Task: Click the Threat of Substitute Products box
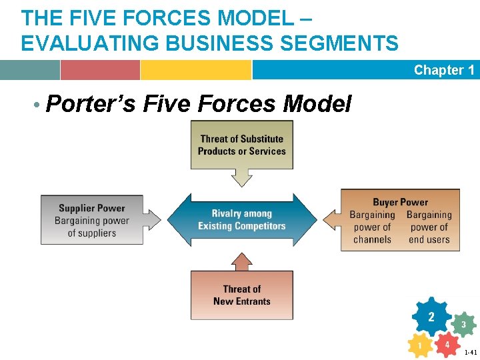point(241,145)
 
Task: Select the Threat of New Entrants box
point(241,295)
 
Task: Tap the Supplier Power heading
point(92,208)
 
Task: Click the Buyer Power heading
point(400,202)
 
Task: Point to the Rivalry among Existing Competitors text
point(241,219)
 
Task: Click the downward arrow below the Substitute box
point(241,177)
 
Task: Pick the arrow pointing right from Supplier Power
point(153,219)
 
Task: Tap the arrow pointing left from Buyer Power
point(331,219)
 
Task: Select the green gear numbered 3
point(463,325)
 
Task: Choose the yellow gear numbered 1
point(419,346)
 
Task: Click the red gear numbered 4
point(447,345)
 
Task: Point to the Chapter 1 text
point(443,70)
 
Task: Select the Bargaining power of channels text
point(372,227)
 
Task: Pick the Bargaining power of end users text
point(429,227)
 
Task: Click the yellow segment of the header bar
point(195,70)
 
